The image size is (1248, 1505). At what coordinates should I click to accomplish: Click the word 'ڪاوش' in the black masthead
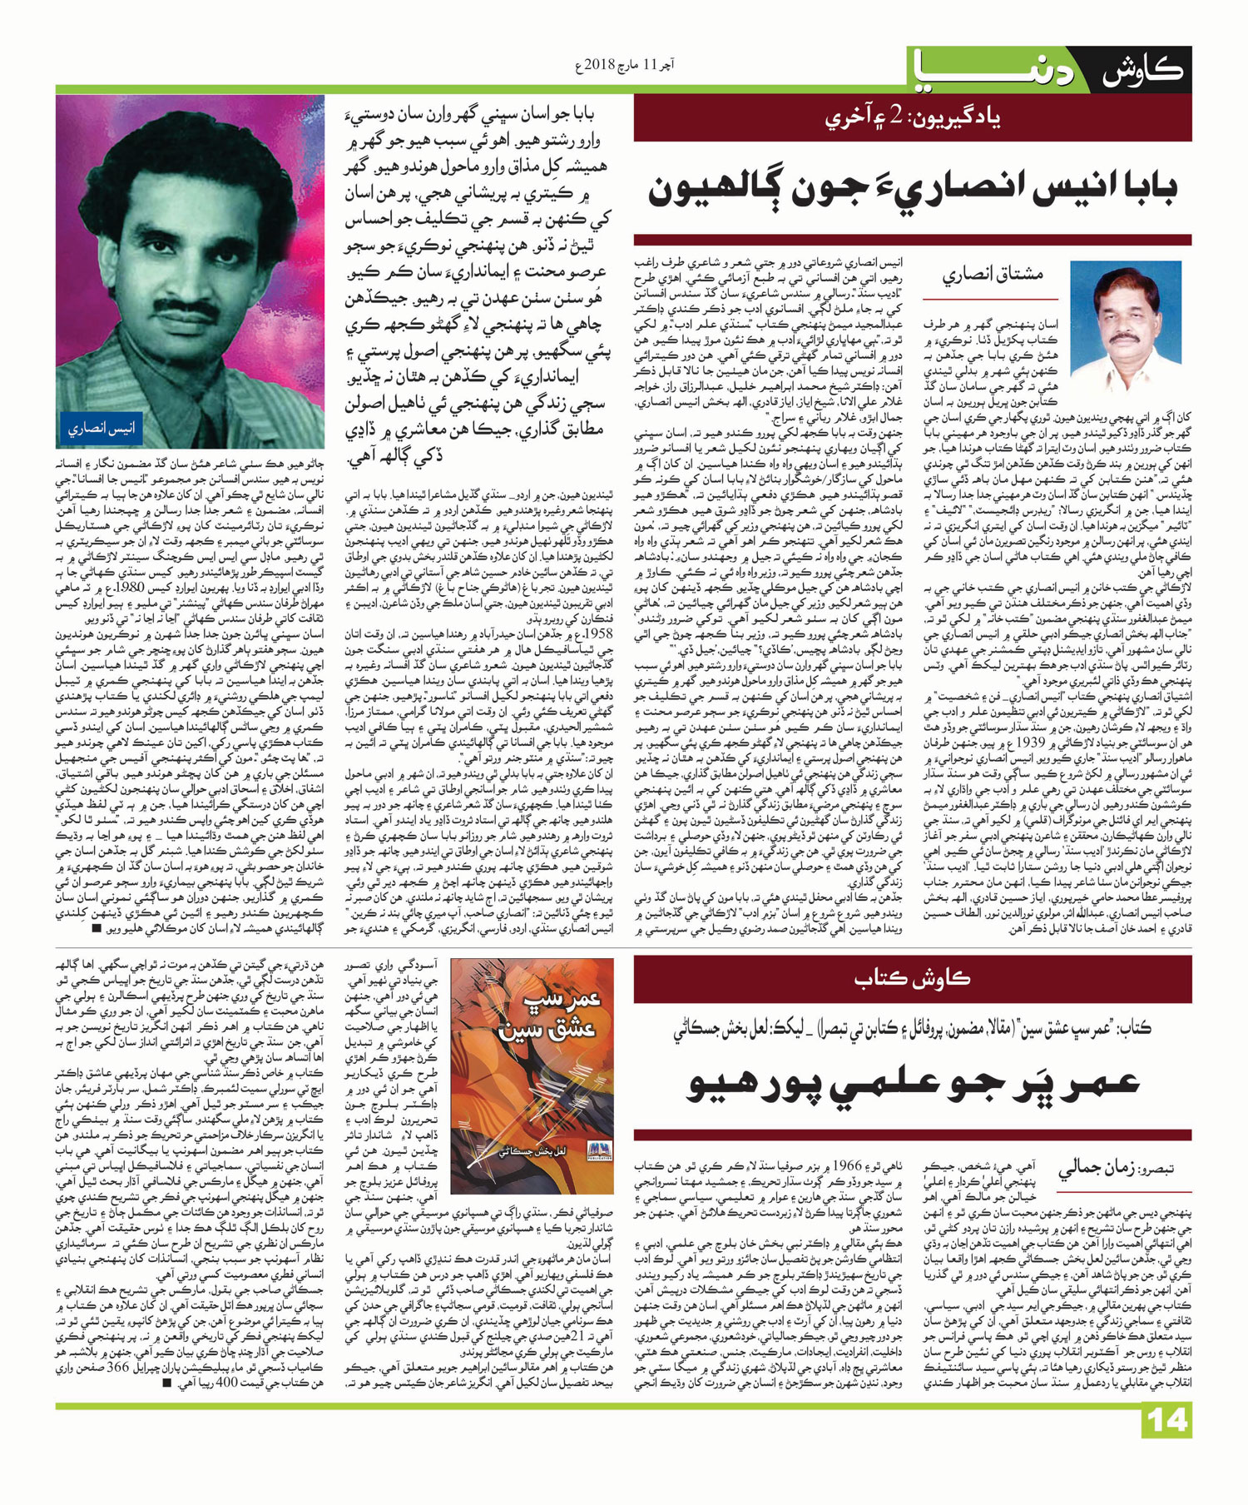point(1142,69)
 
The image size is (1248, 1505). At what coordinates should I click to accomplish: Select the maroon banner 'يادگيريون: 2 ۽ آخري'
point(912,118)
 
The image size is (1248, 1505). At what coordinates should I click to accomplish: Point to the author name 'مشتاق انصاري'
point(993,274)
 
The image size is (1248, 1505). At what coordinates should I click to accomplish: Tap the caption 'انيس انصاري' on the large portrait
point(102,430)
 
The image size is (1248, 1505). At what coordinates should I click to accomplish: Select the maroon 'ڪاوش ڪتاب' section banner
point(912,977)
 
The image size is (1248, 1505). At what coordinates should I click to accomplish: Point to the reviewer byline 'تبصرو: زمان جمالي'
point(1115,1167)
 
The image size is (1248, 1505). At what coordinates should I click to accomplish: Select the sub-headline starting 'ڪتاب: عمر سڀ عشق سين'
point(912,1029)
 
